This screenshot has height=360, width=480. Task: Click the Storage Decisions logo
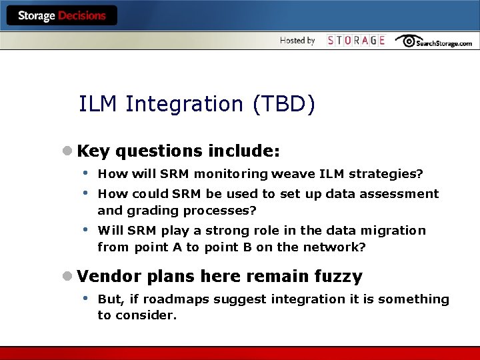pyautogui.click(x=62, y=15)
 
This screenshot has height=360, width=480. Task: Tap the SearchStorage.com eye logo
pyautogui.click(x=433, y=41)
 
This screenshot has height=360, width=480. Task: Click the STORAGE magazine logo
pyautogui.click(x=356, y=41)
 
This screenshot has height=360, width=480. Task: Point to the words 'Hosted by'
pyautogui.click(x=297, y=41)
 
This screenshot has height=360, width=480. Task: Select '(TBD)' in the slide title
pyautogui.click(x=283, y=104)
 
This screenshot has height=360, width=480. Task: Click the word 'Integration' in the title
pyautogui.click(x=186, y=104)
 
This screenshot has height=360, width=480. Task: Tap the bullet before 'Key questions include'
pyautogui.click(x=67, y=151)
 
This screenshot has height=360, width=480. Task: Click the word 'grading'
pyautogui.click(x=148, y=211)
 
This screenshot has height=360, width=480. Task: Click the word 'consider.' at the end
pyautogui.click(x=146, y=316)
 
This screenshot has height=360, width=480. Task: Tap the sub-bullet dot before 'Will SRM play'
pyautogui.click(x=85, y=229)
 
